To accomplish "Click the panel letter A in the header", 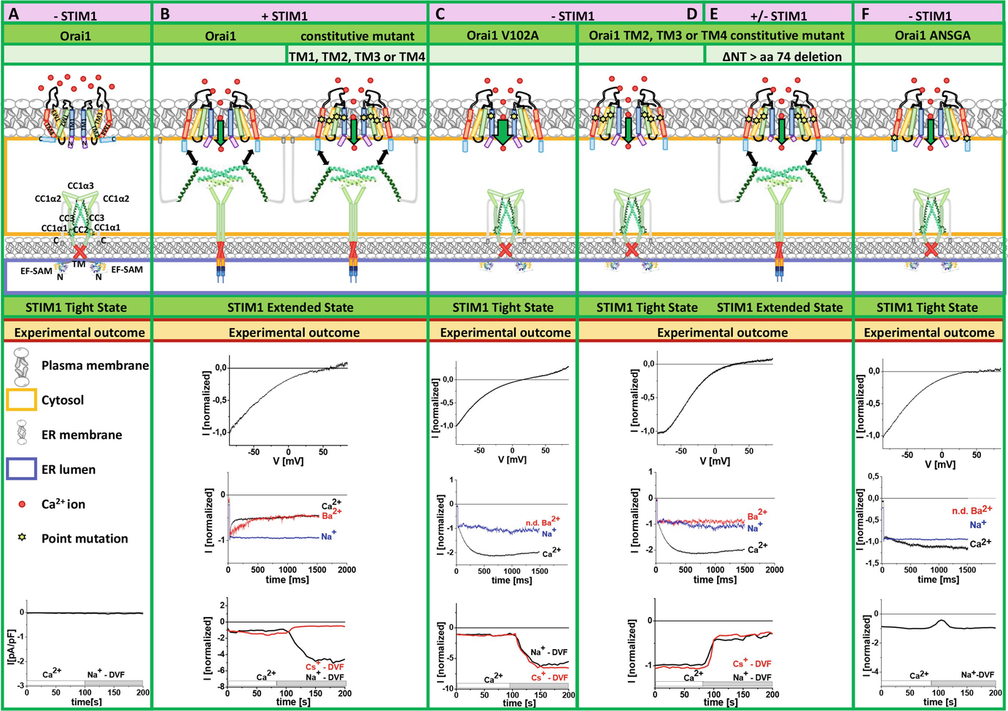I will [x=13, y=14].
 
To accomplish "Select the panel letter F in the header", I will [x=866, y=14].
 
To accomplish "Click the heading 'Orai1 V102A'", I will [x=503, y=35].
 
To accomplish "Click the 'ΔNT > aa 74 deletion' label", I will [x=782, y=56].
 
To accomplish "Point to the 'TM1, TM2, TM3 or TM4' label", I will [x=357, y=56].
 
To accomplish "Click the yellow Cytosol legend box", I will [x=21, y=400].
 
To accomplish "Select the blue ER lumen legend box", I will [x=21, y=469].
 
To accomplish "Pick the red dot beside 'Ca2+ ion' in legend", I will [x=22, y=504].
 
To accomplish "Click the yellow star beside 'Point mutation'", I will [x=22, y=538].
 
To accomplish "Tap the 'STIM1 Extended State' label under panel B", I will [x=290, y=308].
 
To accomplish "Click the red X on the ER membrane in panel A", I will [x=79, y=252].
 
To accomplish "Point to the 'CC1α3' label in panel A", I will [x=80, y=186].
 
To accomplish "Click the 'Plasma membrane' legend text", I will [x=95, y=365].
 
